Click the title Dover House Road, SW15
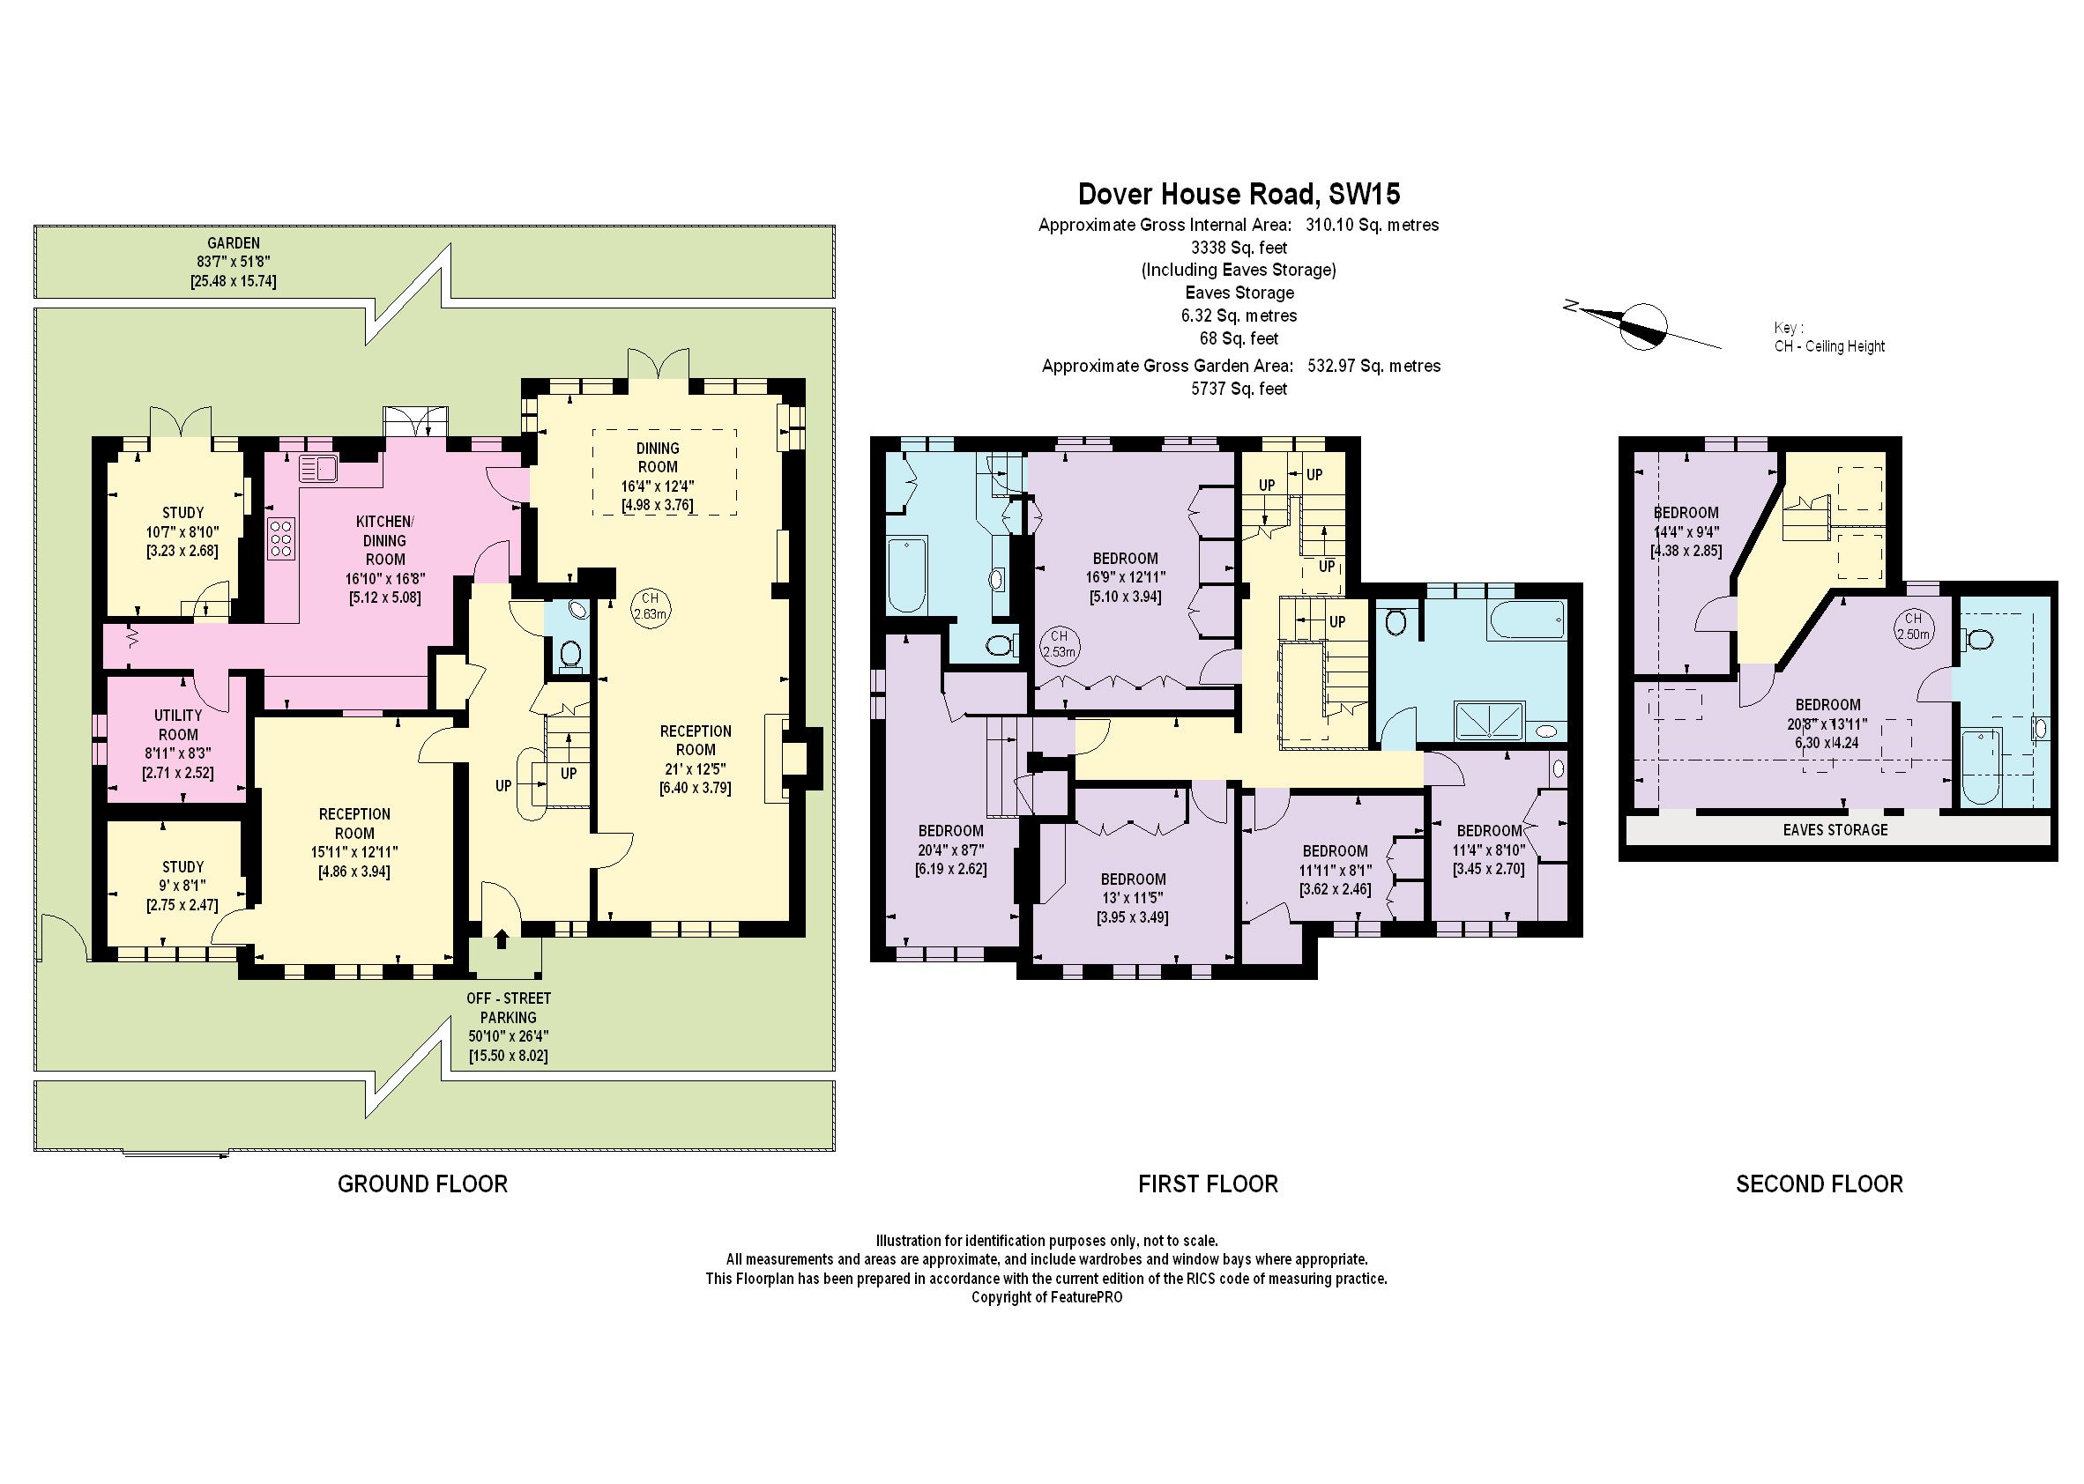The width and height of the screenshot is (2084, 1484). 1239,194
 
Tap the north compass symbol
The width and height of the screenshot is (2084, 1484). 1642,326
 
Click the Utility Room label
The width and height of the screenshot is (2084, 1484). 177,724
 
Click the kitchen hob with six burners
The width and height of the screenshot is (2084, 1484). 280,538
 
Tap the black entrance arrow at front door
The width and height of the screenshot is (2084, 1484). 501,939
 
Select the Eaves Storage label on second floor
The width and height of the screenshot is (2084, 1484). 1835,830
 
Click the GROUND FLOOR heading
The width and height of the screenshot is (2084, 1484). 422,1184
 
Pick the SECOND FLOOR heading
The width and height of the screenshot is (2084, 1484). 1819,1184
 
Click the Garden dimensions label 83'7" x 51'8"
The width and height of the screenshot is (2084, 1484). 233,263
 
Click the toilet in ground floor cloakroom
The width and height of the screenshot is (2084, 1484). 570,654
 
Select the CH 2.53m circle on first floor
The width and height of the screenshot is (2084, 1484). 1059,644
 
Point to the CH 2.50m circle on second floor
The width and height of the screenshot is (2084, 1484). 1913,626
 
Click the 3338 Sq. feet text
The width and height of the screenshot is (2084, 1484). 1239,247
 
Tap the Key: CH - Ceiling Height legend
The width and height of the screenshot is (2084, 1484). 1828,338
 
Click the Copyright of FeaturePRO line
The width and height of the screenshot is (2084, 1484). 1046,1297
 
